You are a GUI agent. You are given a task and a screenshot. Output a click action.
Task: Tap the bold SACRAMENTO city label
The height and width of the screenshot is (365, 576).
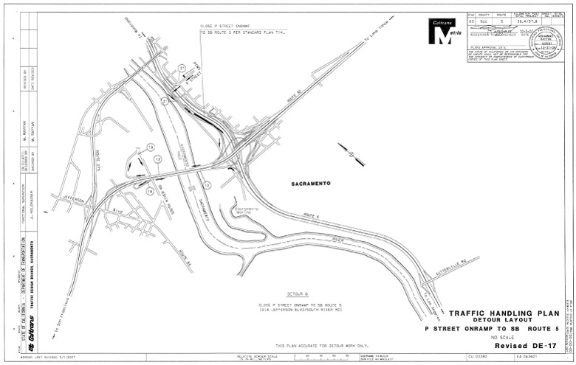pyautogui.click(x=309, y=183)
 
